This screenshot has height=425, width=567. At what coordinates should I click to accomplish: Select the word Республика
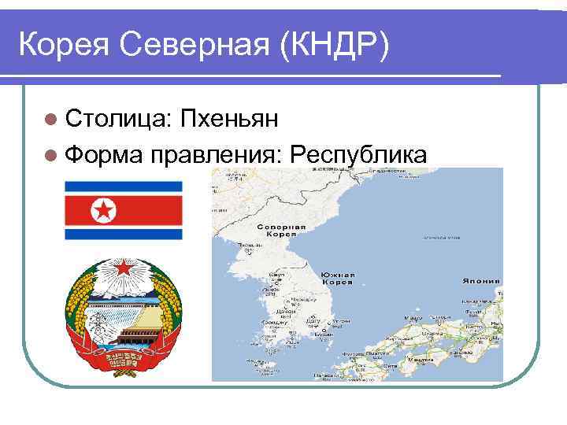pos(358,153)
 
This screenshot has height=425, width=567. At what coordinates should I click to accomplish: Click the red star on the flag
pos(102,209)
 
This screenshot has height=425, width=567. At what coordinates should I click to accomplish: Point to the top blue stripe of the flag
pos(123,186)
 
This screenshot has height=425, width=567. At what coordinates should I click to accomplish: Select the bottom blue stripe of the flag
pos(123,234)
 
